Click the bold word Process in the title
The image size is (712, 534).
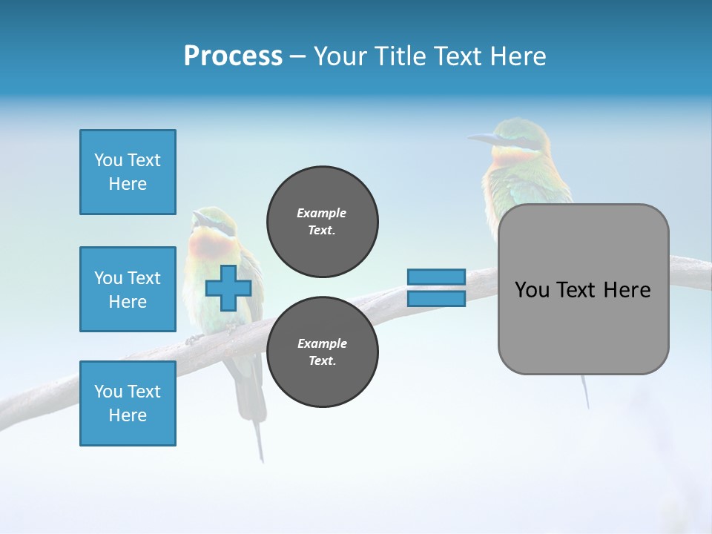[233, 56]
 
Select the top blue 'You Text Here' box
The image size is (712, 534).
[128, 172]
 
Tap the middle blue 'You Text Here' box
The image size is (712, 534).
[128, 289]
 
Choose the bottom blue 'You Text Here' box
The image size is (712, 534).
[128, 403]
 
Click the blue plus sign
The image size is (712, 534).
[228, 289]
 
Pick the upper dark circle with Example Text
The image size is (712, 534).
[322, 222]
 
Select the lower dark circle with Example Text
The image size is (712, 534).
[322, 352]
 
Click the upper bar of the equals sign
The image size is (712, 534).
[436, 277]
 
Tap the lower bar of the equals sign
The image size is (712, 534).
[436, 299]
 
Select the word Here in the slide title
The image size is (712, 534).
[518, 56]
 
